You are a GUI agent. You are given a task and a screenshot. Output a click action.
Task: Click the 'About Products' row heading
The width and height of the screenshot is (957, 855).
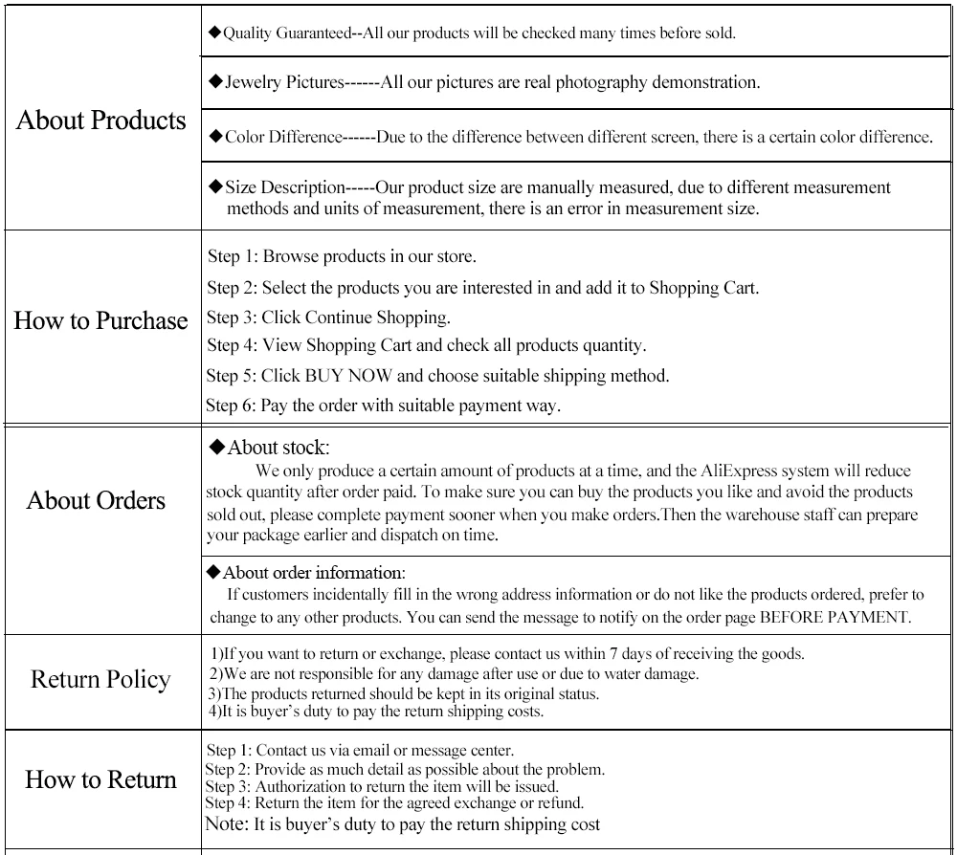point(101,121)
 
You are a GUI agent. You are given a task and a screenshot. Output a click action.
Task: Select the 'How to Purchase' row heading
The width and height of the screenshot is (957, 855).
point(100,320)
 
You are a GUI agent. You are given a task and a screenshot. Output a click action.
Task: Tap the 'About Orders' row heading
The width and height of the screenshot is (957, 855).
point(96,500)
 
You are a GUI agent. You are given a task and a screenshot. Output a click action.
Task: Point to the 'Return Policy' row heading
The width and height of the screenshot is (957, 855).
point(100,680)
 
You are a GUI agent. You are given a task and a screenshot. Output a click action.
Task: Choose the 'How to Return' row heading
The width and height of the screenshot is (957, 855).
point(100,779)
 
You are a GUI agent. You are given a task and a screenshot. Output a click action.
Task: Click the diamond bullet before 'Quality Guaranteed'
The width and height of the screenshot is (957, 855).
point(214,33)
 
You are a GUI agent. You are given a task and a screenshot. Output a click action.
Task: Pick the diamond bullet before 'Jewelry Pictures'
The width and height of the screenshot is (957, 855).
point(215,82)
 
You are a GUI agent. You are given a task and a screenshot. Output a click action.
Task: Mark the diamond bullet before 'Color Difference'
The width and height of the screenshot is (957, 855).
point(215,137)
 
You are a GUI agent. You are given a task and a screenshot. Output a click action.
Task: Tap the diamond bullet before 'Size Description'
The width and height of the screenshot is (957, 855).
point(215,186)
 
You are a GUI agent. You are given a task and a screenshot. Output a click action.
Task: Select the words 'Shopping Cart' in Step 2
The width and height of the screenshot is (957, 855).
point(703,288)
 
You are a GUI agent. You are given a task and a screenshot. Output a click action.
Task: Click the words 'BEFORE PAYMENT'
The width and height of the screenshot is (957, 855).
point(835,618)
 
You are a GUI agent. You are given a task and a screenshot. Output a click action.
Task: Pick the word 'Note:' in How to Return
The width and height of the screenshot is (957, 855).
point(228,824)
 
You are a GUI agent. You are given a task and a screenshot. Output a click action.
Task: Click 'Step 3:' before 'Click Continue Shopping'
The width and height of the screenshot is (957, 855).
point(232,317)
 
